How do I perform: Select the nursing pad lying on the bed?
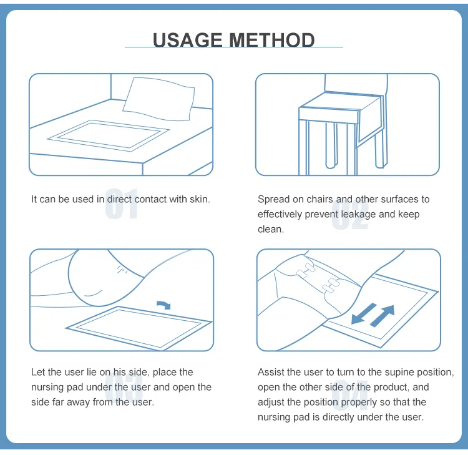click(x=109, y=135)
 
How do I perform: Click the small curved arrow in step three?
click(x=163, y=305)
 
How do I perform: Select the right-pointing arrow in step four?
click(x=383, y=316)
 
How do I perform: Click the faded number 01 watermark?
click(x=122, y=204)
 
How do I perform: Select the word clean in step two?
click(x=271, y=229)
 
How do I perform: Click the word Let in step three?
click(x=38, y=372)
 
